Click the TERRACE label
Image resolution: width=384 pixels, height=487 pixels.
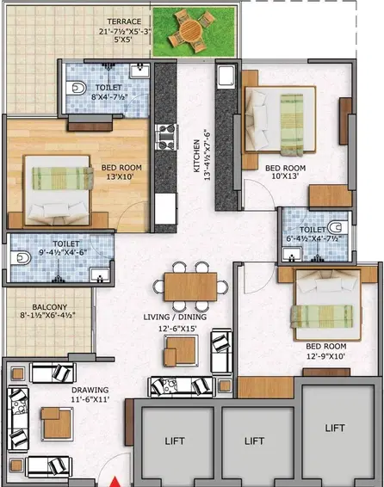[124, 22]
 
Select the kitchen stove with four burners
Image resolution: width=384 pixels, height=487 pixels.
[166, 137]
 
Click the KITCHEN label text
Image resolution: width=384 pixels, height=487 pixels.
[196, 156]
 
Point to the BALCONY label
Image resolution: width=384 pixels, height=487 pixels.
[50, 307]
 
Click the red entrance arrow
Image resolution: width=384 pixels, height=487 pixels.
[115, 482]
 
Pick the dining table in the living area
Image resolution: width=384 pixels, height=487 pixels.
[190, 287]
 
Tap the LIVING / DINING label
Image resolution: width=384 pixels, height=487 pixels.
[175, 317]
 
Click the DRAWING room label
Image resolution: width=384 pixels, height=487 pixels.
[90, 390]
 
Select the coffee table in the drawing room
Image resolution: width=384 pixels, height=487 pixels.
[57, 424]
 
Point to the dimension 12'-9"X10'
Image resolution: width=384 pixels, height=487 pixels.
[326, 356]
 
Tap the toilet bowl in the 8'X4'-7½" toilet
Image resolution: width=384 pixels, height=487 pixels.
[76, 89]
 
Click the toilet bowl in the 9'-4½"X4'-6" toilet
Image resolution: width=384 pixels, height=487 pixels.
[21, 258]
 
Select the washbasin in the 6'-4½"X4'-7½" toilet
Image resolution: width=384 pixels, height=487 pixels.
[292, 254]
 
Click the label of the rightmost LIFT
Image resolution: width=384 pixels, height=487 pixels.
[335, 428]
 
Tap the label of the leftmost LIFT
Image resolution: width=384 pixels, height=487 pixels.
[175, 441]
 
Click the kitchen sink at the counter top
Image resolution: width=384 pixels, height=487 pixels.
[226, 77]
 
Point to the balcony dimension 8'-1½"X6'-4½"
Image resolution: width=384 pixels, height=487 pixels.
[47, 316]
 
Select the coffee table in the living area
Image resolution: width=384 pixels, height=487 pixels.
[181, 351]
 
